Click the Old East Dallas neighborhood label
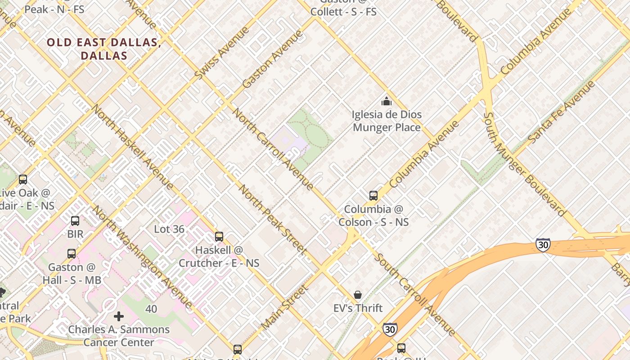[104, 49]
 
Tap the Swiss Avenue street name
[222, 54]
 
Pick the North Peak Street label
[272, 220]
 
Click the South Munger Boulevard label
[524, 164]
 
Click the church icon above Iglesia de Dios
[386, 101]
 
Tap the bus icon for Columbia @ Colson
[373, 196]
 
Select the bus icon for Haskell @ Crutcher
[219, 237]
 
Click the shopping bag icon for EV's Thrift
[358, 295]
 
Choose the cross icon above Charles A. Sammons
[119, 316]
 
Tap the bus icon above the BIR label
[75, 221]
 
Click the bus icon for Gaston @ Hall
[72, 253]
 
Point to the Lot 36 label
[169, 229]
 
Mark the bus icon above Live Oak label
[23, 180]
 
